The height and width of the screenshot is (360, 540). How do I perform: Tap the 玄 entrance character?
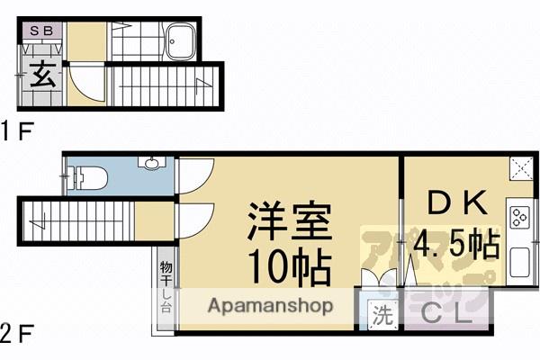[x=42, y=75]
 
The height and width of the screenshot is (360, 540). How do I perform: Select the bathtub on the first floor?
[x=181, y=42]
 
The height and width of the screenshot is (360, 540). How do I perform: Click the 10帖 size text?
[x=288, y=266]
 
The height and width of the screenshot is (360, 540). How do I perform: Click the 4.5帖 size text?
[x=456, y=244]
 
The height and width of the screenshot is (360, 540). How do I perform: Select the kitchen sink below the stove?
[x=521, y=262]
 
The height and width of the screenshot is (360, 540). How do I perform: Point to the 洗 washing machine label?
[x=382, y=316]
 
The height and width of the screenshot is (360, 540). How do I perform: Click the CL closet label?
[x=446, y=316]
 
